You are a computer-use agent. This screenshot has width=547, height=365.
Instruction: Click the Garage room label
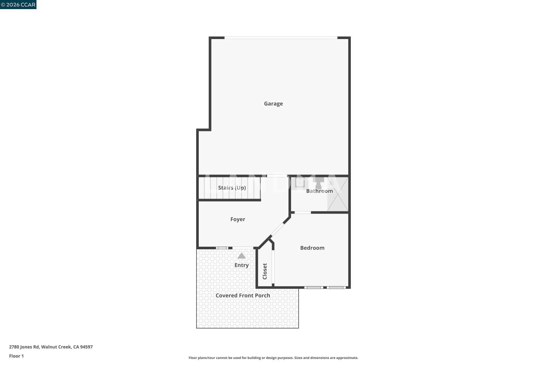(273, 104)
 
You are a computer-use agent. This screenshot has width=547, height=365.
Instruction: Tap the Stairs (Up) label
(232, 188)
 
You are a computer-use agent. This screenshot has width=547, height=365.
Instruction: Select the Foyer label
(238, 219)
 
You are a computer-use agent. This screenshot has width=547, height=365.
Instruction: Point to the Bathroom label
(319, 191)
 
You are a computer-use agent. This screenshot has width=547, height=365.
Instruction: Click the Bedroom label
(312, 248)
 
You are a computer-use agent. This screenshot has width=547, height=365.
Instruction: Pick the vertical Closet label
(265, 271)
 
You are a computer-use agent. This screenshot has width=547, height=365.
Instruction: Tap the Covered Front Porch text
(243, 295)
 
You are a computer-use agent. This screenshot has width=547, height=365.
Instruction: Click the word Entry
(241, 265)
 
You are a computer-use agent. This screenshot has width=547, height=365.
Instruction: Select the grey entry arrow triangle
(241, 256)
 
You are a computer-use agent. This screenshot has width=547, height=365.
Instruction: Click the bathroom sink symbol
(300, 182)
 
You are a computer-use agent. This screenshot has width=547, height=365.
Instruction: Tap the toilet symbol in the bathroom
(318, 183)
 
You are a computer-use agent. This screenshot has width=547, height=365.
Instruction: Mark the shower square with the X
(338, 194)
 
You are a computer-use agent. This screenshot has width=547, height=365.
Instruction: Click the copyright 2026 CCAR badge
(18, 5)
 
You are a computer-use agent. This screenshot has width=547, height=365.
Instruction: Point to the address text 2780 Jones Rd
(24, 347)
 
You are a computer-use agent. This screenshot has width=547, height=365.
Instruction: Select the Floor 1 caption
(16, 356)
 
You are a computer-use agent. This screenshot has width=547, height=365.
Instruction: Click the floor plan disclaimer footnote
(273, 358)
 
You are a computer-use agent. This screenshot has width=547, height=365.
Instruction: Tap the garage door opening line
(281, 38)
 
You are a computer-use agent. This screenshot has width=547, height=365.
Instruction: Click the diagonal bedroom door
(278, 229)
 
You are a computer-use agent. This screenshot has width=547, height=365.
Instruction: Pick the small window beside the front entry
(222, 248)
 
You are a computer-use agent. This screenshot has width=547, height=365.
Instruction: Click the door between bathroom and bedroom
(303, 212)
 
